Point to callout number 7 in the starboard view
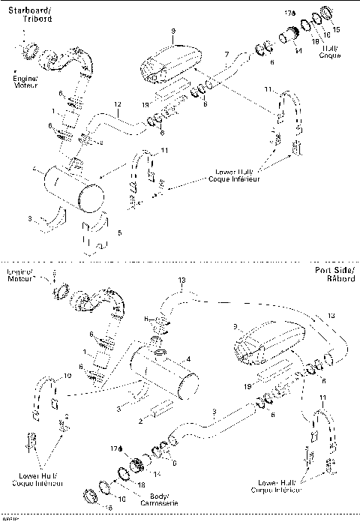coord(226,55)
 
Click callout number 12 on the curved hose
coord(117,103)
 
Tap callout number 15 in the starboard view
coord(336,30)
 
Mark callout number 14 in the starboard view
coord(298,50)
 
